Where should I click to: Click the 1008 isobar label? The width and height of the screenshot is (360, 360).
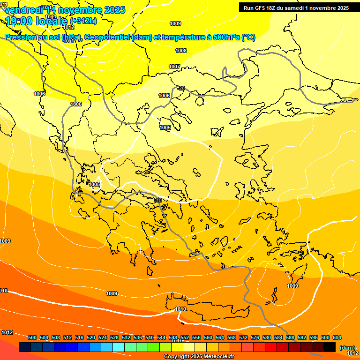click(181, 51)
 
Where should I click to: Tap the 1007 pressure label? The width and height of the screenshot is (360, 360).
click(174, 67)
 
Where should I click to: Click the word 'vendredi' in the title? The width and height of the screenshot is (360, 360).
click(22, 9)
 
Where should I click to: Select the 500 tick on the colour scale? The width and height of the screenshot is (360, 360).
click(32, 337)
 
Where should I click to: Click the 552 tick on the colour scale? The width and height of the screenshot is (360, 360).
click(185, 337)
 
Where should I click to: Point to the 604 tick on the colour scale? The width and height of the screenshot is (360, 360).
click(337, 337)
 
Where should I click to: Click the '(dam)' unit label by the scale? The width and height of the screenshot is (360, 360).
click(347, 347)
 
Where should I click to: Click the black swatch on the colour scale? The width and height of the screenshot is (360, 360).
click(330, 347)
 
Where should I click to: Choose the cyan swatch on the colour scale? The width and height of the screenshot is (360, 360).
click(118, 347)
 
